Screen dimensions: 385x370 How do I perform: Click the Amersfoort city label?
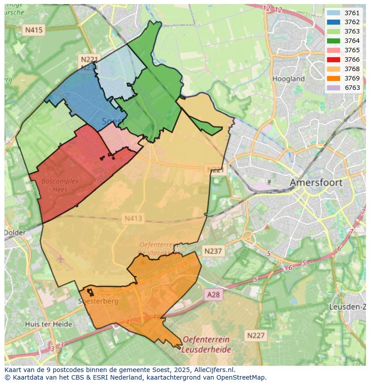(x=316, y=182)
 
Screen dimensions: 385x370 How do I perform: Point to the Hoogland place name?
(x=288, y=79)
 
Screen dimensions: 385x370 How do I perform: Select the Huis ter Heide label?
(x=48, y=324)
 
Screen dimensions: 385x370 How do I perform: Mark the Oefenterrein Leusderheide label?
(x=206, y=345)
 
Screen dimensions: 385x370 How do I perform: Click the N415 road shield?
(x=34, y=30)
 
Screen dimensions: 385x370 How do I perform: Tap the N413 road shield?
(x=133, y=218)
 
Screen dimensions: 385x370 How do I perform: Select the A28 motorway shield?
(x=214, y=294)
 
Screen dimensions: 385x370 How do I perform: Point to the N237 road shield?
(x=213, y=251)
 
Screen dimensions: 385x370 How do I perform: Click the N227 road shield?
(x=256, y=335)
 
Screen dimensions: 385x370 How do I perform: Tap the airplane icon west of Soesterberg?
(x=60, y=258)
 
